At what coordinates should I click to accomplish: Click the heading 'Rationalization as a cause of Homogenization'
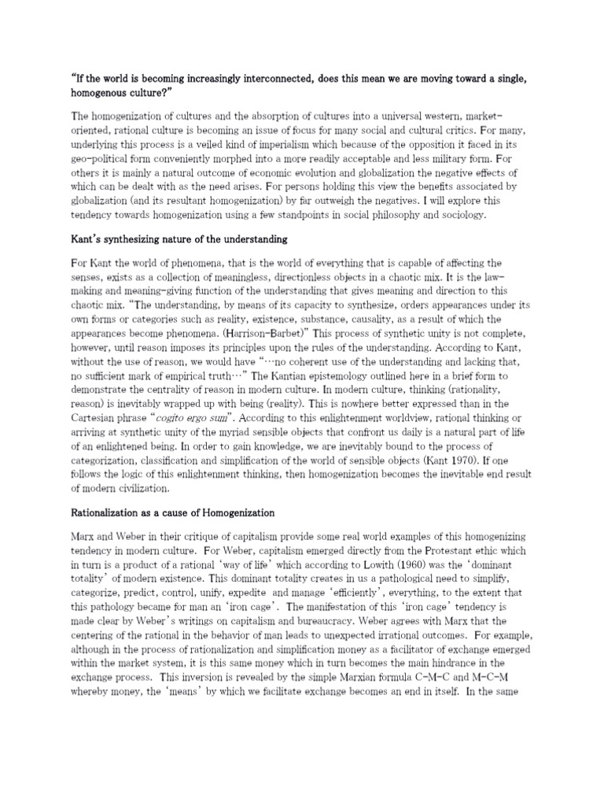pos(173,513)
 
